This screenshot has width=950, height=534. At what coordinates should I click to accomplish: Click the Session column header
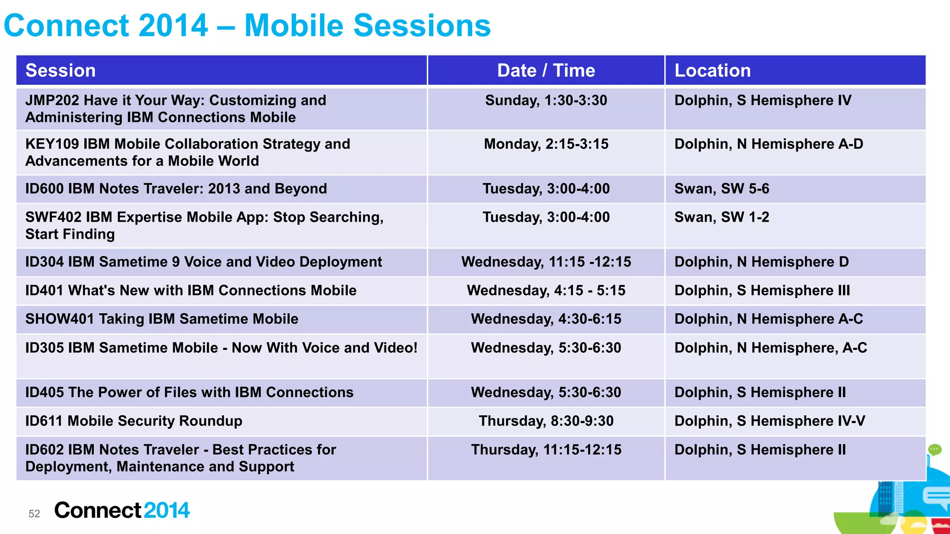click(60, 70)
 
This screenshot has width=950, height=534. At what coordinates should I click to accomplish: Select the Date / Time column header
click(546, 70)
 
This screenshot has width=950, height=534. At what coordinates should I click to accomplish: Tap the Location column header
click(712, 70)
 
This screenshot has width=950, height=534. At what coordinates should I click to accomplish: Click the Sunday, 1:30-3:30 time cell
click(546, 101)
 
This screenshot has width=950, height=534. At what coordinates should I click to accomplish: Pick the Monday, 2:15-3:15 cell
click(546, 144)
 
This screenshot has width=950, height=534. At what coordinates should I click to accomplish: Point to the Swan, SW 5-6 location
click(721, 189)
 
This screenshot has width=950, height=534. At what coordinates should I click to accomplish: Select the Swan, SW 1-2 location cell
click(721, 217)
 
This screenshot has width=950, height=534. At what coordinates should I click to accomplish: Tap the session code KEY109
click(52, 144)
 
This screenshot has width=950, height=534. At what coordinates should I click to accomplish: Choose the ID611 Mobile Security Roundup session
click(134, 421)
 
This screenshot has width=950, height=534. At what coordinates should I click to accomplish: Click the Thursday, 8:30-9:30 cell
click(546, 421)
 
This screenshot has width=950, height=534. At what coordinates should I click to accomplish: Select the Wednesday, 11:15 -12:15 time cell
click(546, 262)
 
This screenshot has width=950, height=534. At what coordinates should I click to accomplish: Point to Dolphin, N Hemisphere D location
click(761, 262)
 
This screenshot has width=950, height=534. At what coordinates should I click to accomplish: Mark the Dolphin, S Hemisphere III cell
click(762, 291)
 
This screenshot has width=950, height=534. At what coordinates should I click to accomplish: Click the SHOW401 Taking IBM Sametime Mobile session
click(161, 319)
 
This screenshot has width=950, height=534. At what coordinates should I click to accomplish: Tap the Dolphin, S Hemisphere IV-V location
click(769, 421)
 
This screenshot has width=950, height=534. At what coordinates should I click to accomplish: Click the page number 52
click(34, 514)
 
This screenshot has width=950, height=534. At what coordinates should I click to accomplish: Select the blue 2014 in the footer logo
click(167, 510)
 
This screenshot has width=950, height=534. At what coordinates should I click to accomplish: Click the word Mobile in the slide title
click(294, 25)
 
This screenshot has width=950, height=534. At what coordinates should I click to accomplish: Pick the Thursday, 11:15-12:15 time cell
click(546, 450)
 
